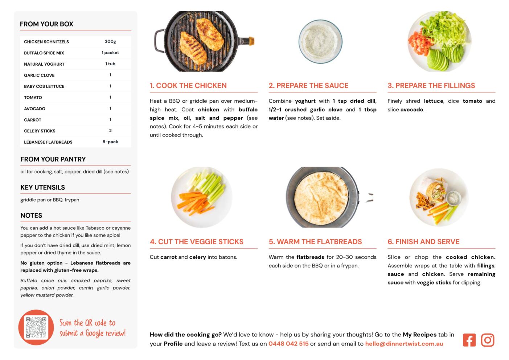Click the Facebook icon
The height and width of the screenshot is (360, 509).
coord(469,340)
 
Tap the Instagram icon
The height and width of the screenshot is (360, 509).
coord(487,340)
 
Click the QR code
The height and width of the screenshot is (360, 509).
coord(36,327)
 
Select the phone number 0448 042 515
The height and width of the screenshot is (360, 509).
coord(288,344)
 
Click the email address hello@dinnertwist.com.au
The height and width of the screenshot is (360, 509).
coord(404,344)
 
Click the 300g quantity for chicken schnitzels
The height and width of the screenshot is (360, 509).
coord(110,41)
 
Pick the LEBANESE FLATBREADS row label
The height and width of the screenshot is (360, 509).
coord(48,142)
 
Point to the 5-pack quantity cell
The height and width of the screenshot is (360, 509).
coord(110,142)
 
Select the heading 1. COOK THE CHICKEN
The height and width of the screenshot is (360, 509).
coord(188,85)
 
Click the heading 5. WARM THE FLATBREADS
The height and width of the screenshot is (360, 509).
coord(315,242)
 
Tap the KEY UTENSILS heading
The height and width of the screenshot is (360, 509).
coord(42,187)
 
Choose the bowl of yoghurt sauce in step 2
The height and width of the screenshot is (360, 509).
coord(320,42)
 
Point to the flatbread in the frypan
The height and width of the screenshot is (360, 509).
coord(321,197)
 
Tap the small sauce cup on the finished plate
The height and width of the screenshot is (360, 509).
coord(453,198)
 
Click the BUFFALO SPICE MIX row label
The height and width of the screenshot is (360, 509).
coord(44,53)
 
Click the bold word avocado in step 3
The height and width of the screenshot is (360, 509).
coord(412,110)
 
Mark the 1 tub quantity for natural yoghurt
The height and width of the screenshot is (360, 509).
coord(110,64)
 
